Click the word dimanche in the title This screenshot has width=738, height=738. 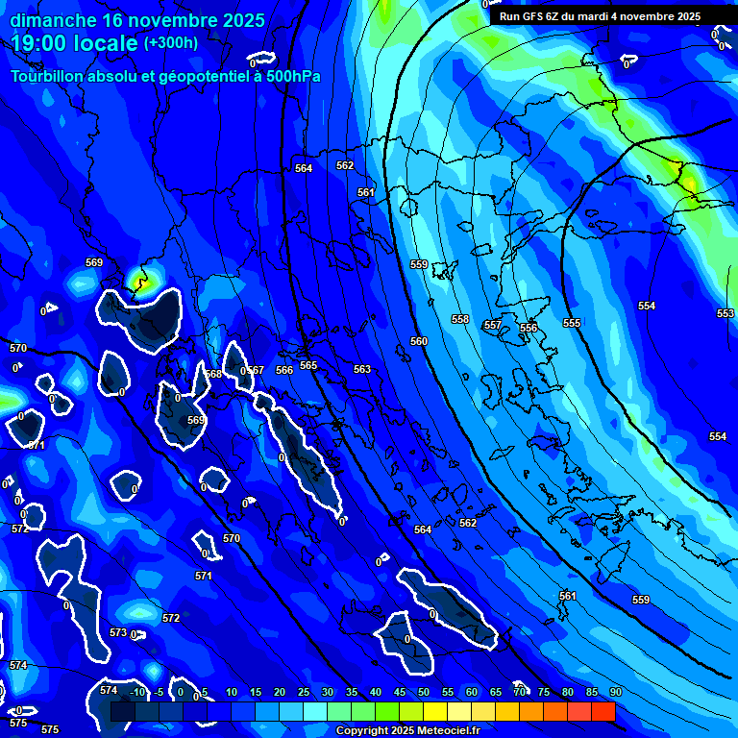[x=52, y=19]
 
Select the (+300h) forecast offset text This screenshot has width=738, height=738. [x=170, y=43]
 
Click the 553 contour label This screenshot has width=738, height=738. [x=725, y=313]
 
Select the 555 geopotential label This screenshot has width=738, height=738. [x=572, y=323]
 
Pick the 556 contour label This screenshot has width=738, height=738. [x=529, y=328]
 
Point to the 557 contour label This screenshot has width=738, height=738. [x=492, y=325]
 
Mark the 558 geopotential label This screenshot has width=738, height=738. [x=460, y=319]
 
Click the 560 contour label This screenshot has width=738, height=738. [x=419, y=341]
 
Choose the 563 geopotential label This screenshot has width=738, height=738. [x=362, y=369]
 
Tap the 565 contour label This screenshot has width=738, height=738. [x=307, y=365]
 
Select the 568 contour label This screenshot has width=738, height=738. [x=213, y=374]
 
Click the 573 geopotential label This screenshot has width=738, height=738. [x=118, y=632]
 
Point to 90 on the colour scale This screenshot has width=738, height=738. [x=615, y=692]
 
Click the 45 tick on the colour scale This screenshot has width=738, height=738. [x=399, y=692]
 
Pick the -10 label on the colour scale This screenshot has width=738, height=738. [x=137, y=692]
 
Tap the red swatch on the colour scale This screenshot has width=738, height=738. [x=603, y=711]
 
